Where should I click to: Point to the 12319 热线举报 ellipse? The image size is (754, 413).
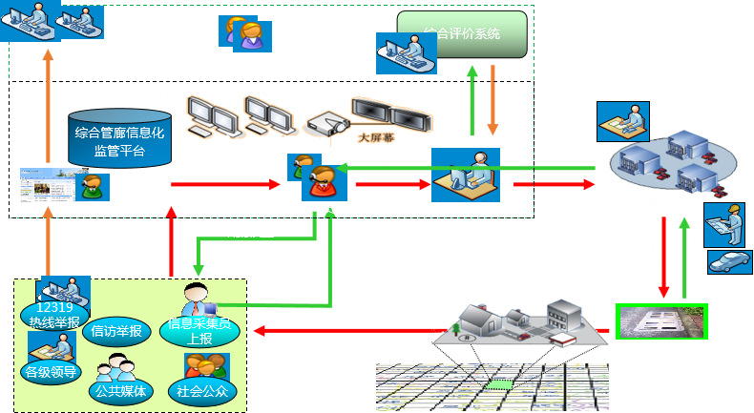click(54, 314)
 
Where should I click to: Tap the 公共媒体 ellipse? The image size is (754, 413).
click(120, 390)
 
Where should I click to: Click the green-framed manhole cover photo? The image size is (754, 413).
click(660, 321)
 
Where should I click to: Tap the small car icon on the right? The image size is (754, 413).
click(729, 262)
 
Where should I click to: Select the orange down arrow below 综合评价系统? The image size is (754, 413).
click(492, 100)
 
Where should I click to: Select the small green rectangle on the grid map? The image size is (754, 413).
click(497, 386)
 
